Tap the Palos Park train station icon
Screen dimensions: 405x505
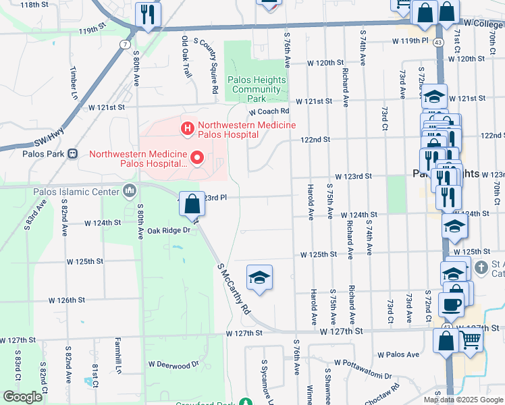[72, 153]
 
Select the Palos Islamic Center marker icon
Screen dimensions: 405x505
[128, 191]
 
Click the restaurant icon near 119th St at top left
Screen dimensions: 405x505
[147, 14]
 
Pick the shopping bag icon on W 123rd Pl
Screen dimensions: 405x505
[192, 202]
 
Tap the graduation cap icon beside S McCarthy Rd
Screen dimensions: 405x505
[259, 277]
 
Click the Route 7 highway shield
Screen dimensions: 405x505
[126, 44]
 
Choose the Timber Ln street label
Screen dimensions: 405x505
[72, 82]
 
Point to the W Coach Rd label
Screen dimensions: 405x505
[268, 111]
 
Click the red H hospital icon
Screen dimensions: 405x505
[186, 126]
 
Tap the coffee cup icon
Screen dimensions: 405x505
[451, 303]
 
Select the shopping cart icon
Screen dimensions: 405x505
[471, 341]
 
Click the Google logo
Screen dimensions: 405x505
[22, 397]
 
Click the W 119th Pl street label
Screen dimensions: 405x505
[410, 40]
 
